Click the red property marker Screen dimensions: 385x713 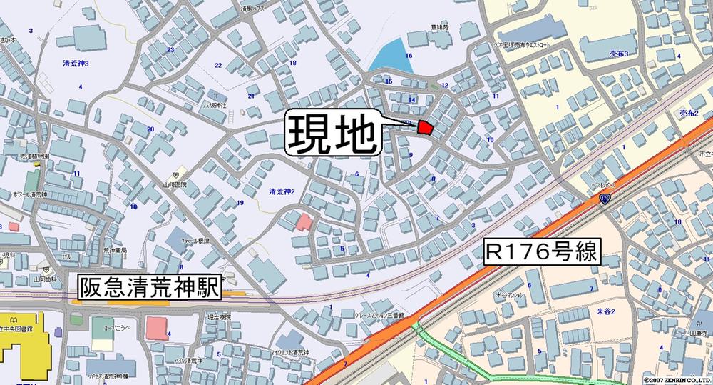point(425,127)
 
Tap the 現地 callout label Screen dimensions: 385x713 point(333,134)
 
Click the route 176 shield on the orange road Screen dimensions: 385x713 point(605,198)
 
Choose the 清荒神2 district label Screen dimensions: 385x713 point(282,191)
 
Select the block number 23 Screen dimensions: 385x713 point(170,49)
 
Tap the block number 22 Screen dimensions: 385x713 point(218,65)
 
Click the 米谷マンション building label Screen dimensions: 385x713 point(510,294)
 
